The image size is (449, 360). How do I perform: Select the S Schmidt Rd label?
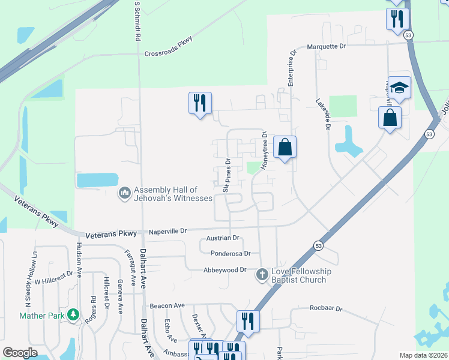click(x=137, y=21)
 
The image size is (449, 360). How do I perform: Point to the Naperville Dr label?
click(x=168, y=230)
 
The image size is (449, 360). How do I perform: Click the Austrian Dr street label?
click(x=223, y=238)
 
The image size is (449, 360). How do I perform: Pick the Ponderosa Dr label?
click(x=230, y=254)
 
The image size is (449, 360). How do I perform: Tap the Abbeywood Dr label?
click(x=225, y=270)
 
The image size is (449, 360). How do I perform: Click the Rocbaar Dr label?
click(x=325, y=309)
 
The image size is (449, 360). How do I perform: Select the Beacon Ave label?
click(x=167, y=305)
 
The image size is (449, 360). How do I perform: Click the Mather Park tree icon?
click(x=73, y=314)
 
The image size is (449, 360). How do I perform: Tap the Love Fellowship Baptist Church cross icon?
click(x=262, y=275)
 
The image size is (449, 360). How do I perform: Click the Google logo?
click(x=20, y=353)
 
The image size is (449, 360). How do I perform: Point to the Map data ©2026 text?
click(x=424, y=355)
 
